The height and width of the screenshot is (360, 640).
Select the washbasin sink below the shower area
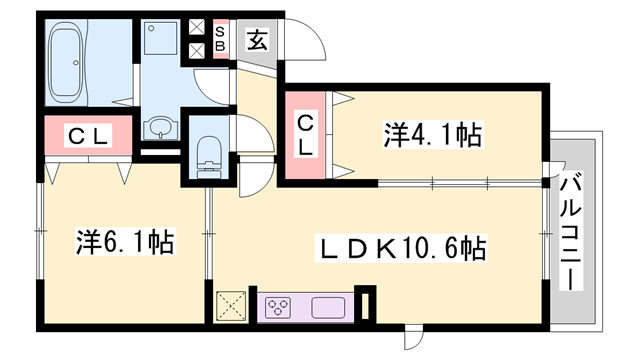158,128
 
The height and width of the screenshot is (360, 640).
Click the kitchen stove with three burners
279,307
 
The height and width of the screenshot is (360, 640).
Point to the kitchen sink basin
327,307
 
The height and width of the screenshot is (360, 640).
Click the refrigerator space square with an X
233,306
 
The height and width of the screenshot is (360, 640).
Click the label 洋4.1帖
433,134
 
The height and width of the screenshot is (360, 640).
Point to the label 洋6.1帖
124,241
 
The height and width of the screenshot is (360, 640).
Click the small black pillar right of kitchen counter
367,305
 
